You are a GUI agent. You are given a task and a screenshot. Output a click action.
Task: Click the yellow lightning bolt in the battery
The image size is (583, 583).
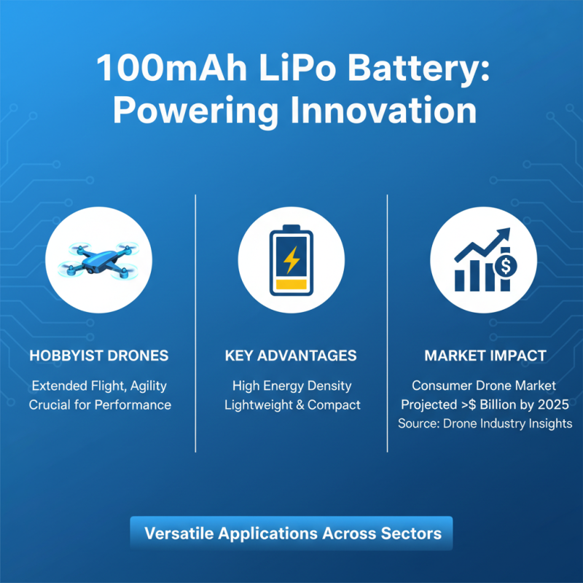click(x=291, y=258)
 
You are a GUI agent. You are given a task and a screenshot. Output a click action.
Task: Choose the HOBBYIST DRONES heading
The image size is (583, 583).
click(x=99, y=356)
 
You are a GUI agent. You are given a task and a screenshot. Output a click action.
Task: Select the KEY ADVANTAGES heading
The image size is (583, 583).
click(x=291, y=356)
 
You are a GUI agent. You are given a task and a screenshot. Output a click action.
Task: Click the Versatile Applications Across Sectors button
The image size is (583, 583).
click(x=291, y=533)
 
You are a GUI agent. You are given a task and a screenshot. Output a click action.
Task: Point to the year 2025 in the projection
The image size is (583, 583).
click(x=554, y=404)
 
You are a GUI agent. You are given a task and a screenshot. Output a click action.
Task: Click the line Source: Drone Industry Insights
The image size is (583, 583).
click(x=485, y=423)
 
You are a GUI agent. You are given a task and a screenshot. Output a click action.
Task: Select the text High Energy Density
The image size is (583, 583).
click(x=291, y=386)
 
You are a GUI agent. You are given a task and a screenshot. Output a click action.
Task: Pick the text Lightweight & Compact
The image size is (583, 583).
click(x=291, y=404)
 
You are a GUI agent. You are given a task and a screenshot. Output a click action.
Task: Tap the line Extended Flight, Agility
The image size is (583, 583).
click(x=100, y=386)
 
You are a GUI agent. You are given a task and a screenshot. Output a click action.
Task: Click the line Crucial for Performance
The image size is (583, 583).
click(x=100, y=404)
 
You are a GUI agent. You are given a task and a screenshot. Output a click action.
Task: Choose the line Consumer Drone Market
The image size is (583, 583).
click(x=484, y=386)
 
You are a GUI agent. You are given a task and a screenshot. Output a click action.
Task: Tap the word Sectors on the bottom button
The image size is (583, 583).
click(x=411, y=533)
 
